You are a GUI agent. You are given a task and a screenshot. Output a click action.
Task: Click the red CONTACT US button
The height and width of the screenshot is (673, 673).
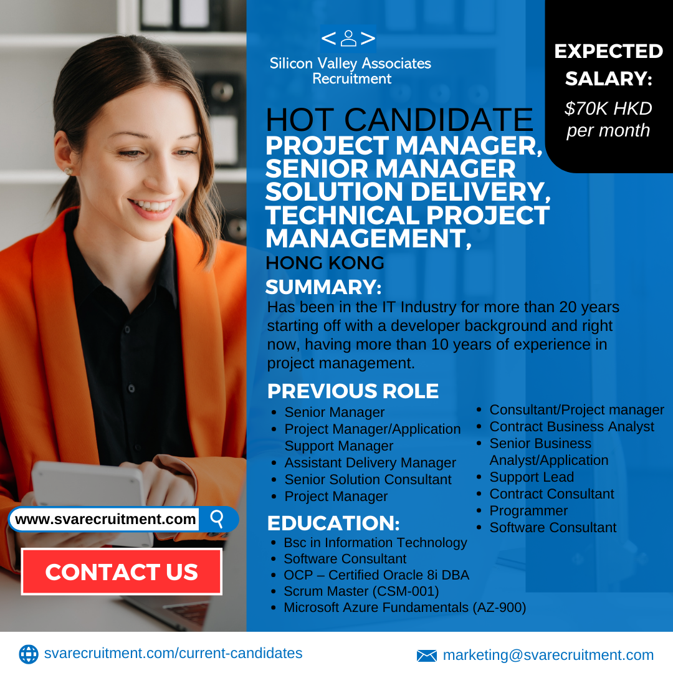(x=122, y=571)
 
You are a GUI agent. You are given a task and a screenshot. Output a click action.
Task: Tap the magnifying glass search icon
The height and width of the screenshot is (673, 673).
(x=217, y=519)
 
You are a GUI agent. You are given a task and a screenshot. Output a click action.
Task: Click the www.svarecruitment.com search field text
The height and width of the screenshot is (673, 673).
(x=105, y=519)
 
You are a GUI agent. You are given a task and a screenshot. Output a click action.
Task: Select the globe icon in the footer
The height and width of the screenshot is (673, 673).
(x=29, y=654)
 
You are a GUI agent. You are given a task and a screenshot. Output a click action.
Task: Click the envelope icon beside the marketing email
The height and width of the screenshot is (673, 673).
(x=427, y=656)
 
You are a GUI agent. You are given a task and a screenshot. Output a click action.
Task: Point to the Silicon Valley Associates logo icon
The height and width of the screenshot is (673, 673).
(x=348, y=38)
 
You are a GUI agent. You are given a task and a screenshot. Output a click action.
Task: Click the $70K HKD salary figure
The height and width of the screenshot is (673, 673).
(x=608, y=108)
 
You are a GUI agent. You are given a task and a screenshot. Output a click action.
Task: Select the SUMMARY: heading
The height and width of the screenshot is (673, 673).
(x=323, y=287)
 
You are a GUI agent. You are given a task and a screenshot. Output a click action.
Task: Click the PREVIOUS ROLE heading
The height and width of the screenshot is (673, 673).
(x=353, y=391)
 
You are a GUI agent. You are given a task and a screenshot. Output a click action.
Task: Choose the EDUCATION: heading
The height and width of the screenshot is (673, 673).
(x=333, y=523)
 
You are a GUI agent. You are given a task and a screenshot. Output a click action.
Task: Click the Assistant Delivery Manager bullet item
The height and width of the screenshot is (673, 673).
(x=370, y=462)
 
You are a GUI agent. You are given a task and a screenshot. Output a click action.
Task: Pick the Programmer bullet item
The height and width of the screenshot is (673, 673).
(x=528, y=511)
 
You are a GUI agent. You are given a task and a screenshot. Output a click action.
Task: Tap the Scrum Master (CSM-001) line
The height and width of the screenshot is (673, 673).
(x=361, y=591)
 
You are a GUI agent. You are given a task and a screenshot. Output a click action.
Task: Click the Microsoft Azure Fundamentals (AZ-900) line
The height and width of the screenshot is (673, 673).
(x=405, y=608)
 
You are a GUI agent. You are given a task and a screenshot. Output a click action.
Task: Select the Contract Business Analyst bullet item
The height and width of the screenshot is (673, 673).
(x=571, y=427)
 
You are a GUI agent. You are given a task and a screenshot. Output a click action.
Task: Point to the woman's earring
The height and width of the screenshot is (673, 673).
(x=68, y=171)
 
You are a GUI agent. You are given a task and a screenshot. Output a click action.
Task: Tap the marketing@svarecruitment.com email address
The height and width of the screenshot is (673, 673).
(x=548, y=656)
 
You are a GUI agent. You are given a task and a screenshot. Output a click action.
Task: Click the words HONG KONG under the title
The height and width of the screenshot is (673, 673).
(x=325, y=263)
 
